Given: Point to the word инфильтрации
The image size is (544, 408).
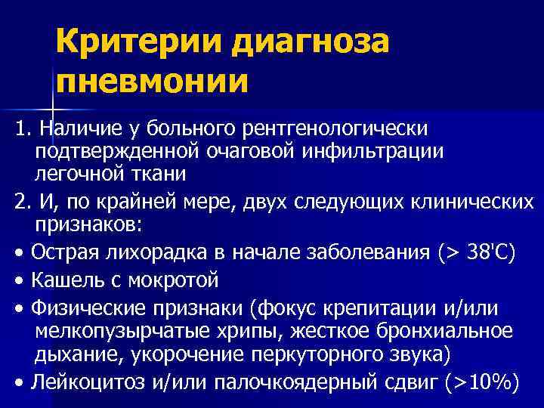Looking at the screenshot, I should (x=379, y=151).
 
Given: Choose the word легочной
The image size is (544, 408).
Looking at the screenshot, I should (x=78, y=175).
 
